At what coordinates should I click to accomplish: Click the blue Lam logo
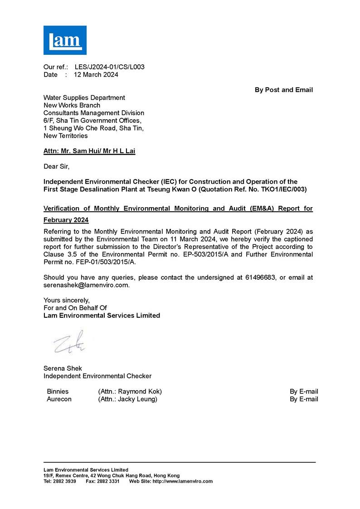[x=65, y=40]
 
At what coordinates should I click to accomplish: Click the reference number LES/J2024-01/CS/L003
[x=109, y=67]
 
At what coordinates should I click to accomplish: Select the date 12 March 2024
[x=96, y=75]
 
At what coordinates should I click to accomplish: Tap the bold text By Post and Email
[x=283, y=90]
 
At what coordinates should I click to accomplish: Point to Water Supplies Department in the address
[x=84, y=97]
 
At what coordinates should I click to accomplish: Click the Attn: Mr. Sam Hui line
[x=89, y=151]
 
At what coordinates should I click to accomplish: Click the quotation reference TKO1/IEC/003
[x=272, y=189]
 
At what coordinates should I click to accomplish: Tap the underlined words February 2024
[x=66, y=220]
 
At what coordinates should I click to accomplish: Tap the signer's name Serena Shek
[x=63, y=368]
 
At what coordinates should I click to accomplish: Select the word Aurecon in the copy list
[x=59, y=399]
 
